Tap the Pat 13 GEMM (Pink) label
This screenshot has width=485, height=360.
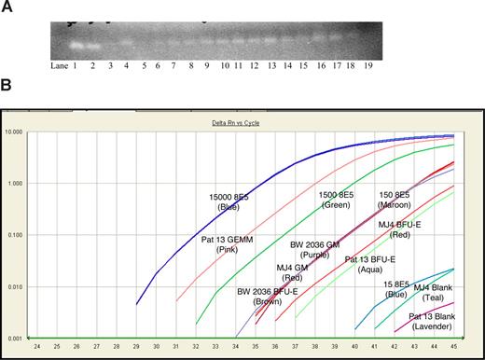(225, 243)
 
